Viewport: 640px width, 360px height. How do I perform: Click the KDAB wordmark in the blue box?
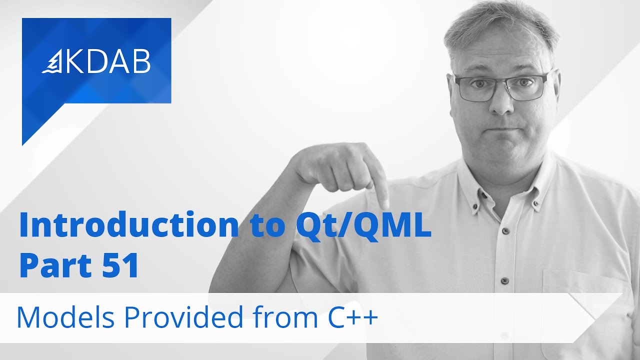(108, 61)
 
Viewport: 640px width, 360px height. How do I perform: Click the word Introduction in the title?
(128, 225)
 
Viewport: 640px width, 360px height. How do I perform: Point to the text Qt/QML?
(360, 226)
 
